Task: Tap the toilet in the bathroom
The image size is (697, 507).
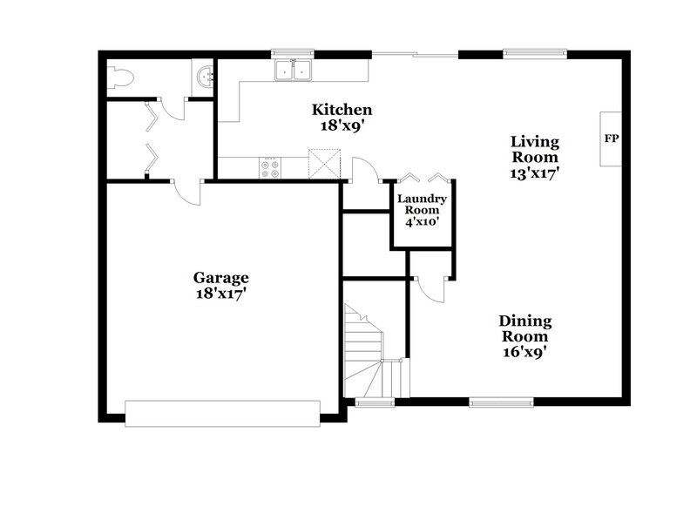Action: click(119, 79)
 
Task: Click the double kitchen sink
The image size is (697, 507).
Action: click(293, 70)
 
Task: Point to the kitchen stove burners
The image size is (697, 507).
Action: click(270, 167)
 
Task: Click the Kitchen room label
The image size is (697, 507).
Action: click(342, 110)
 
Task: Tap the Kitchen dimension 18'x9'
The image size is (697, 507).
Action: click(342, 125)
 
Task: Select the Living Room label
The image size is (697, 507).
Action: click(535, 149)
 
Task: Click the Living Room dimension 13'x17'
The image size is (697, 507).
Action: click(535, 172)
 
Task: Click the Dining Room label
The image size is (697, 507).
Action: click(524, 328)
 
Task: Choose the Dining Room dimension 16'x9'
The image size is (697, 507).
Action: click(524, 352)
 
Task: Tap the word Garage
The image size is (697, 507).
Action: click(220, 278)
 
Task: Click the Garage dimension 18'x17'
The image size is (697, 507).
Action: click(220, 294)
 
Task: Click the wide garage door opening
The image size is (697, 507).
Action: click(223, 413)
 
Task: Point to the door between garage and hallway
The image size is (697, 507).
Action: click(187, 190)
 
